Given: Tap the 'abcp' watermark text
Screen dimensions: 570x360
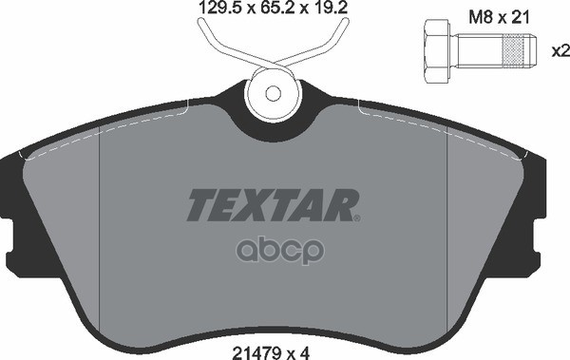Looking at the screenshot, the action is point(280,251).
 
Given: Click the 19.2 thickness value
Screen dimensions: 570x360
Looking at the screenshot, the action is point(330,8).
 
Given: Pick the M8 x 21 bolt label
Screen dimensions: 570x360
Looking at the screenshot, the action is point(499,17).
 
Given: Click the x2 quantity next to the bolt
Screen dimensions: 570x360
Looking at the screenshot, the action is point(560,51).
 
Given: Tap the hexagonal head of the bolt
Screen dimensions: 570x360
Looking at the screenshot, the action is point(437,51).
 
